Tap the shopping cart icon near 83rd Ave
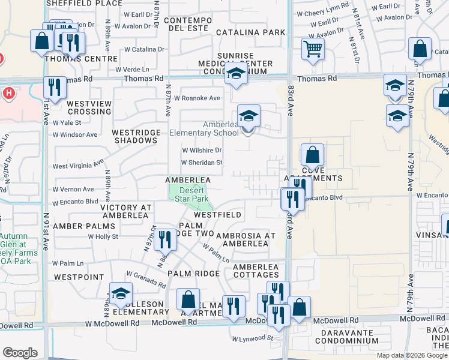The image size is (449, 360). point(313,49)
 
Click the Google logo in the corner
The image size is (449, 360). point(20,353)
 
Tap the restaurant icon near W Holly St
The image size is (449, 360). point(164,239)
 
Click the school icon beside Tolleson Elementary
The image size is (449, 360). point(121,293)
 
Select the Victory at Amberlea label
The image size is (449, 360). point(126,208)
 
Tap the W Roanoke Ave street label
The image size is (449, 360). point(197,98)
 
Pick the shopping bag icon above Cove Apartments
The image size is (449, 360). point(313,155)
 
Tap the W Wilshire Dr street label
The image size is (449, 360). point(202,151)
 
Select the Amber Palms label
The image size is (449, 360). point(83,226)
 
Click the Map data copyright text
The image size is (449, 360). point(412,355)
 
